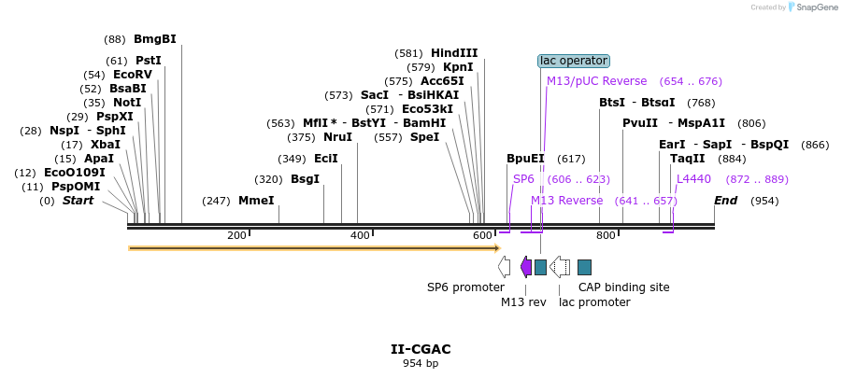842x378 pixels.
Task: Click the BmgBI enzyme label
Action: (x=155, y=39)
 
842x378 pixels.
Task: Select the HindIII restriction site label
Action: (x=454, y=53)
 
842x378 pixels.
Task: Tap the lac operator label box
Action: (x=574, y=61)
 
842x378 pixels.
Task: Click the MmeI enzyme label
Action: (x=256, y=201)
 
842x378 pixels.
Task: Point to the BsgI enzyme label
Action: (x=305, y=179)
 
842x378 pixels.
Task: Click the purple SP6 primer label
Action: (x=523, y=179)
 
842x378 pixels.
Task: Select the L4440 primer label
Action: (x=693, y=179)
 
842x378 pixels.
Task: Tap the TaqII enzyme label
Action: (x=688, y=159)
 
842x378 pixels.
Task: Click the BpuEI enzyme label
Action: (x=525, y=159)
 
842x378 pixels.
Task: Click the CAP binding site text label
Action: (x=624, y=287)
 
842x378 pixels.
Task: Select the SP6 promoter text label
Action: (x=465, y=287)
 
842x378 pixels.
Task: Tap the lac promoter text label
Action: (x=594, y=302)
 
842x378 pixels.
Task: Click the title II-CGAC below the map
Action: (x=421, y=349)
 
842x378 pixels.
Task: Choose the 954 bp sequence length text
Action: (x=421, y=363)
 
